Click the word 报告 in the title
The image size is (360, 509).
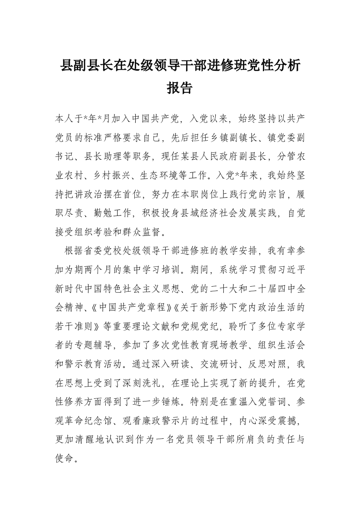[180, 88]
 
